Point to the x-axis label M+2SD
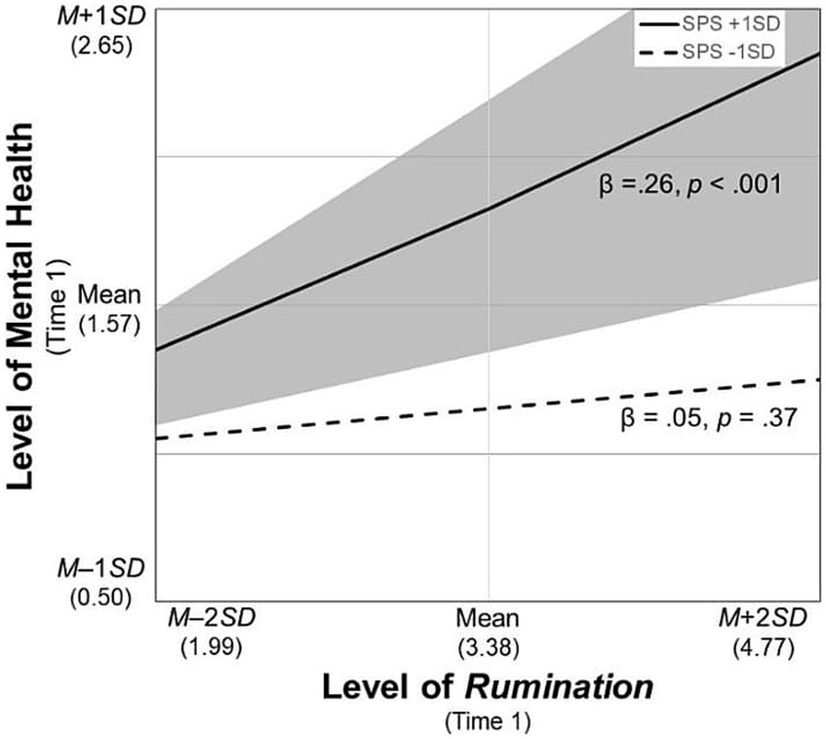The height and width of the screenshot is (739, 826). click(x=764, y=619)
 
